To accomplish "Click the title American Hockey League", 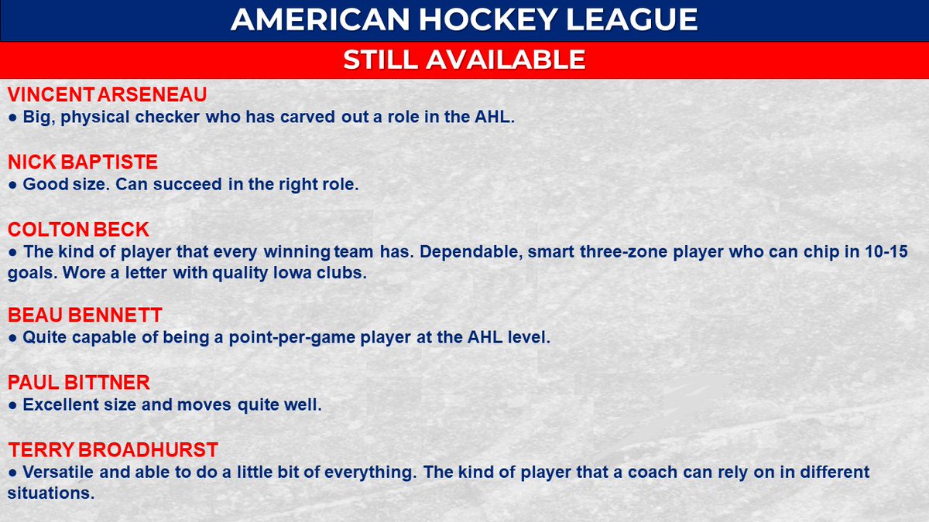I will pos(464,20).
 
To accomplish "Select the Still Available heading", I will pos(464,60).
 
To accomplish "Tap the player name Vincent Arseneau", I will pos(108,95).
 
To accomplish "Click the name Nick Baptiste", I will pos(82,162).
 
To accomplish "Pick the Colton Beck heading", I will pos(78,229).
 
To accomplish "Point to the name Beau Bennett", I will pos(85,315).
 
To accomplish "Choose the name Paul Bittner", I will pos(78,382).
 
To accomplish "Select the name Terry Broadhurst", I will pos(112,449).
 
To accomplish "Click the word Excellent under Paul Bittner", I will pos(61,404).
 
